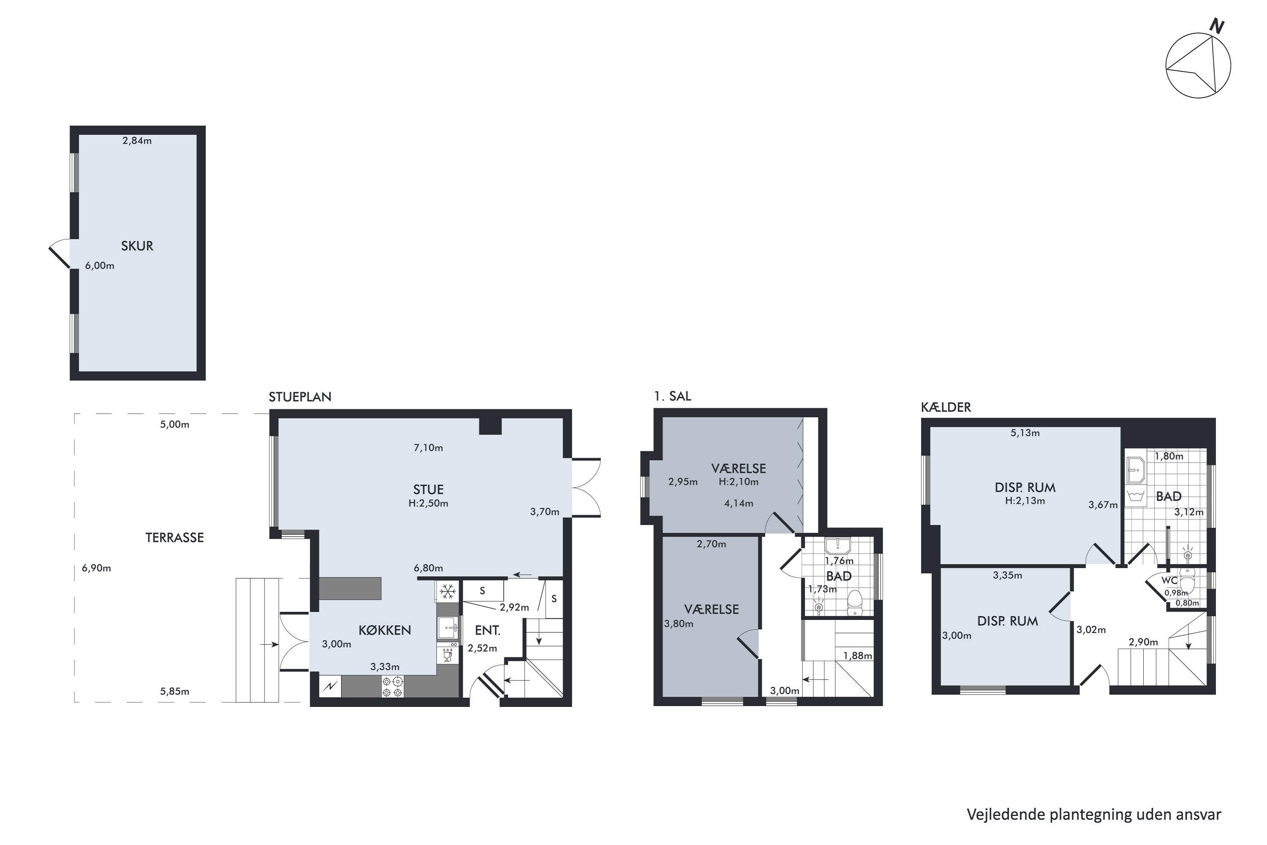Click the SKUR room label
pyautogui.click(x=137, y=246)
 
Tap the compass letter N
pyautogui.click(x=1216, y=26)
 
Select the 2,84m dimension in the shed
pyautogui.click(x=137, y=141)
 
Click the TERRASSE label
pyautogui.click(x=174, y=537)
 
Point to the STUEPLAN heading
pyautogui.click(x=300, y=397)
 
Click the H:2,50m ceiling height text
pyautogui.click(x=428, y=503)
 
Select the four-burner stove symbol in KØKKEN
pyautogui.click(x=392, y=687)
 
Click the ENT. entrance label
pyautogui.click(x=487, y=630)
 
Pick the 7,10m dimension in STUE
pyautogui.click(x=428, y=448)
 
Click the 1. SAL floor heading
pyautogui.click(x=672, y=396)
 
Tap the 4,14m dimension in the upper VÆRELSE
pyautogui.click(x=739, y=503)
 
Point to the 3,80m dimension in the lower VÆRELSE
pyautogui.click(x=679, y=624)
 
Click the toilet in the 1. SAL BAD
pyautogui.click(x=855, y=602)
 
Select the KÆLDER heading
pyautogui.click(x=946, y=407)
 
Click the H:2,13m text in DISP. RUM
pyautogui.click(x=1025, y=501)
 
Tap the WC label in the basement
pyautogui.click(x=1169, y=581)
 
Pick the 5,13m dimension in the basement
pyautogui.click(x=1025, y=433)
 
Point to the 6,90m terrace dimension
pyautogui.click(x=96, y=567)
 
